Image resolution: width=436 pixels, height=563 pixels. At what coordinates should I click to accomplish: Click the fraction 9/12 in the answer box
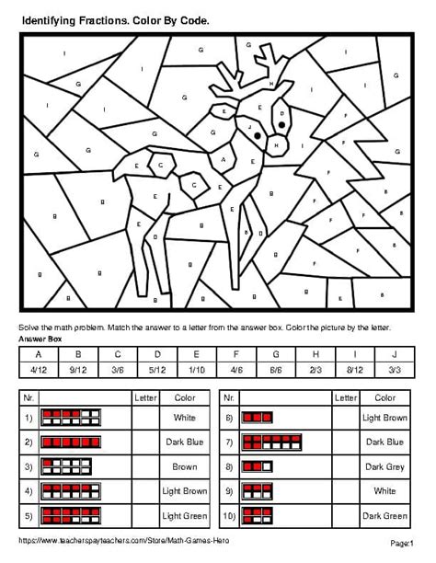[78, 370]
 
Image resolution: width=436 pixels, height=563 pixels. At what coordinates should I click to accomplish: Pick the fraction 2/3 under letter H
[315, 370]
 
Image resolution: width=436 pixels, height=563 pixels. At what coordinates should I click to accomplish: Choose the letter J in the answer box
[395, 354]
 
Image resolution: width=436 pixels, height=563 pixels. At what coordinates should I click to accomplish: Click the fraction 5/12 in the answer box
[157, 370]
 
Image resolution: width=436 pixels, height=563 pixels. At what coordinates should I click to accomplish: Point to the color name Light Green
[185, 516]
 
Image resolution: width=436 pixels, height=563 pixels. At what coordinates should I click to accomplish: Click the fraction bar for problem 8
[258, 417]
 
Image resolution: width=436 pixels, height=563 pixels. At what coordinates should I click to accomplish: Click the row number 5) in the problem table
[29, 516]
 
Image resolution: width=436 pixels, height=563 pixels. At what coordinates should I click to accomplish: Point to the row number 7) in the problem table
[229, 442]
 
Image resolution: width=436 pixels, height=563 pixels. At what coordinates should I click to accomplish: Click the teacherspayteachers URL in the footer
[120, 540]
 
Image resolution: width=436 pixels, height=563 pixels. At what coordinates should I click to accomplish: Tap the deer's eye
[282, 116]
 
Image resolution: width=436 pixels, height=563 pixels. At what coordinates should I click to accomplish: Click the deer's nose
[273, 144]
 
